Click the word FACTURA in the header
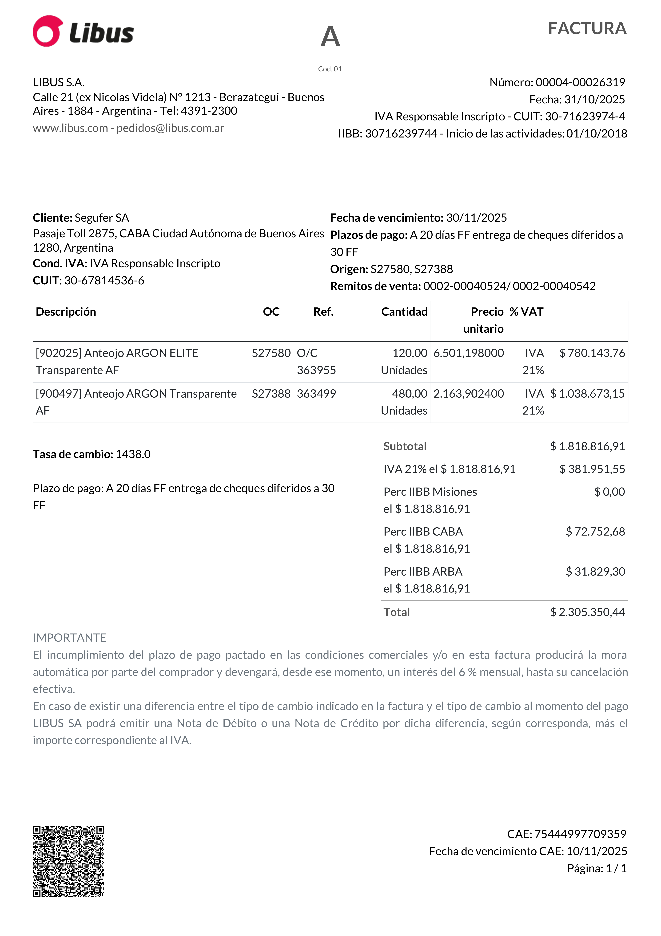[x=587, y=28]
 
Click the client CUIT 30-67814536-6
[x=104, y=280]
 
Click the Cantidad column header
[x=404, y=312]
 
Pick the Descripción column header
[x=66, y=312]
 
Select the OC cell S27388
[x=271, y=394]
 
